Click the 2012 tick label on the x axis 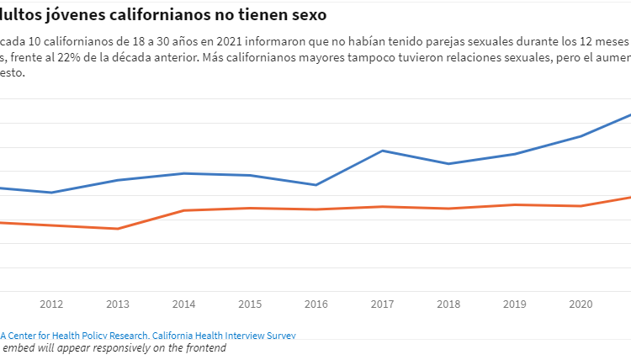[51, 304]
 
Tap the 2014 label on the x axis [183, 304]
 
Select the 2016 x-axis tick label [316, 304]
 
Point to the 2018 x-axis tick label [448, 304]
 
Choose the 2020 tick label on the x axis [581, 304]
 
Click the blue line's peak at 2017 [383, 151]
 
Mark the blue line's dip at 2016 [316, 185]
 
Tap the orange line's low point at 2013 [118, 229]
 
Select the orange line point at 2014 [183, 210]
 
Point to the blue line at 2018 [448, 164]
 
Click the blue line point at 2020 [581, 136]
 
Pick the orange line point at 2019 [515, 204]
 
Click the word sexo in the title [302, 15]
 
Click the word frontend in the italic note [202, 347]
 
